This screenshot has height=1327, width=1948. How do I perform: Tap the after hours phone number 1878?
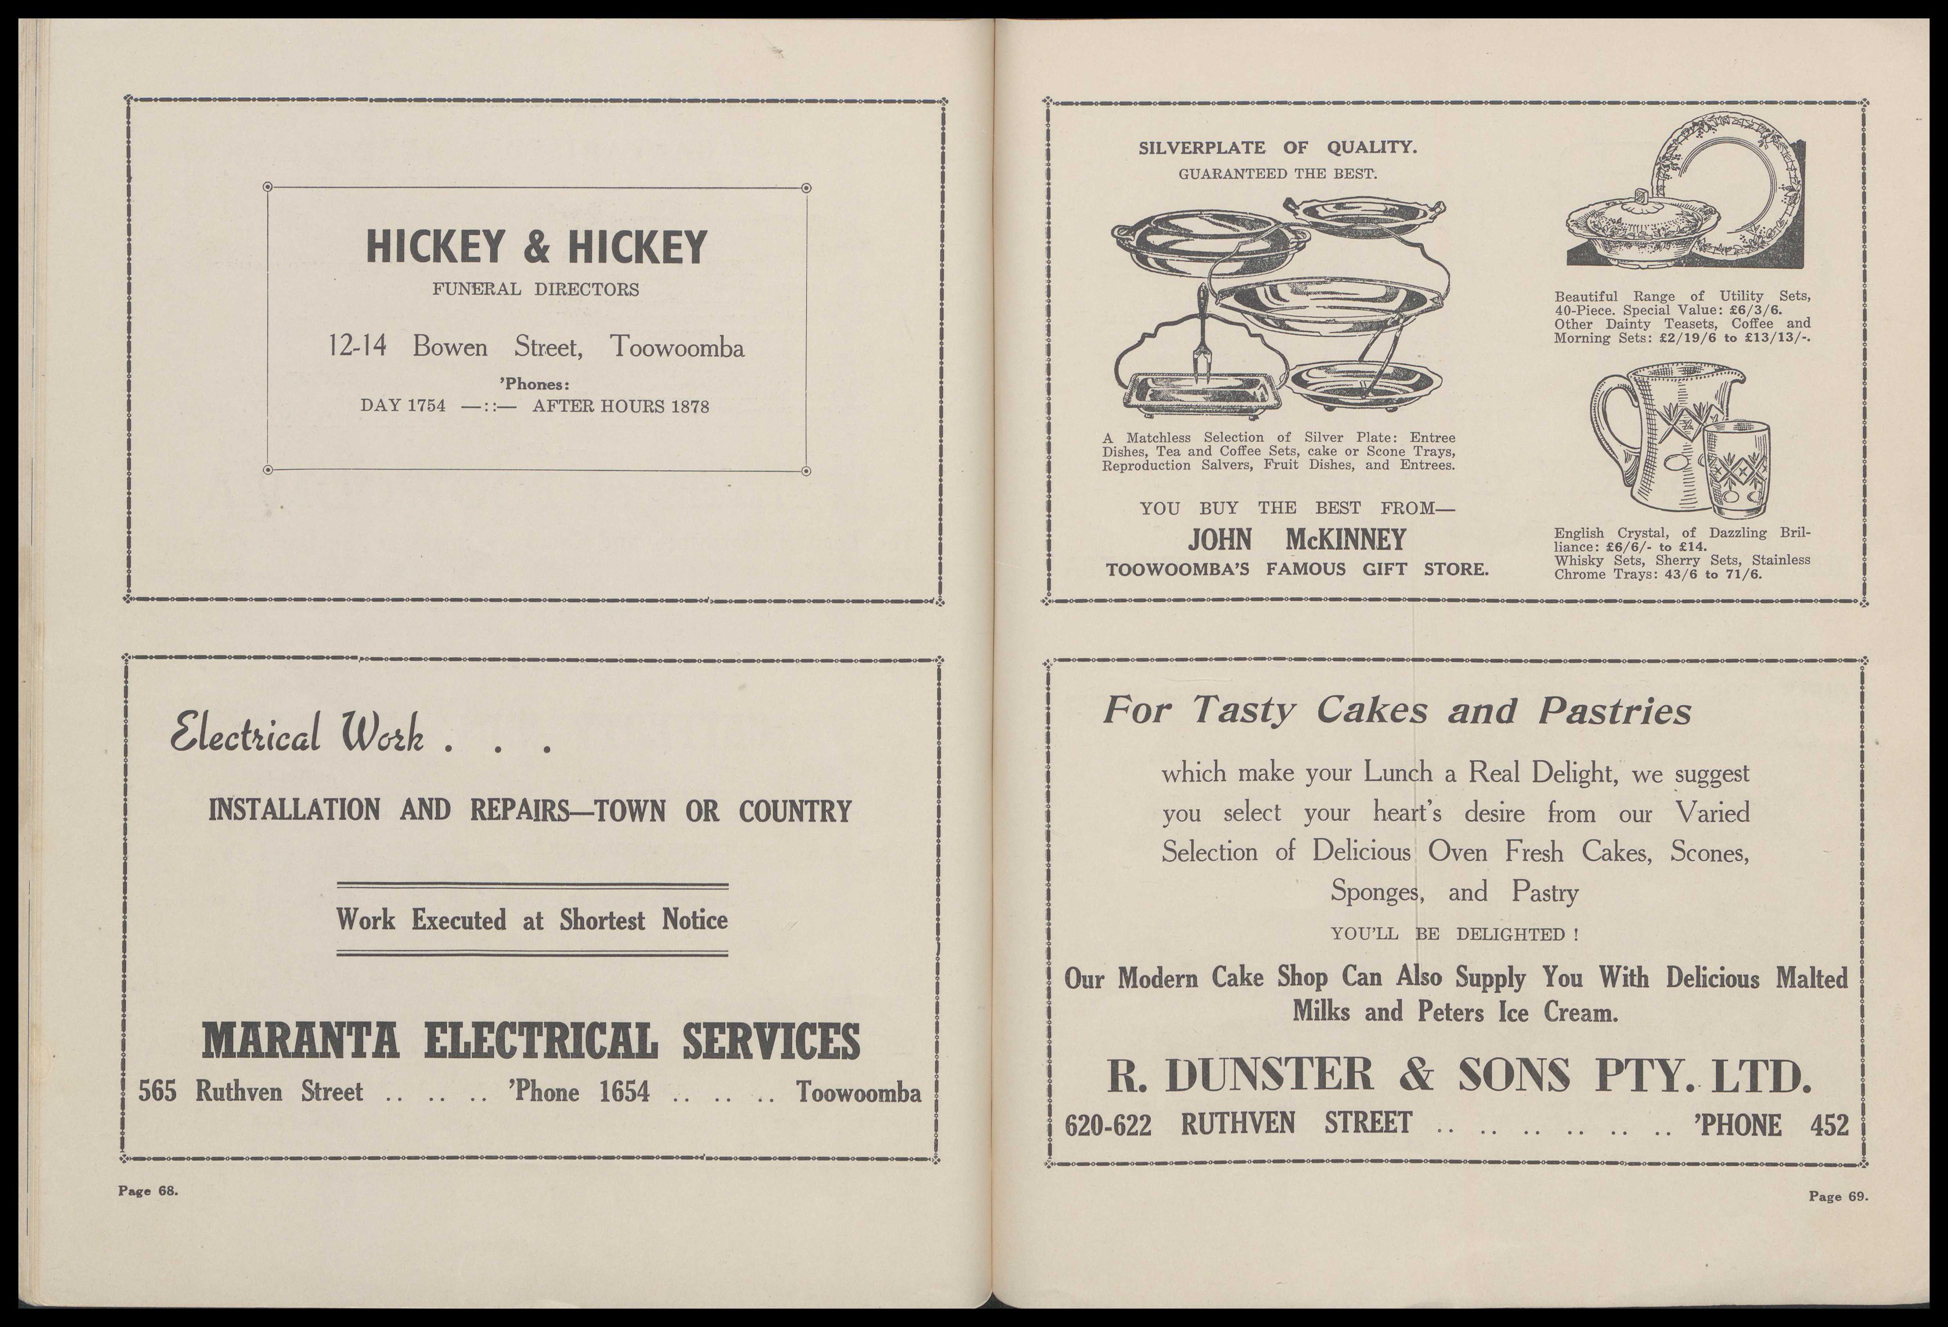pos(689,407)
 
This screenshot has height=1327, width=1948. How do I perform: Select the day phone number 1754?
pos(426,407)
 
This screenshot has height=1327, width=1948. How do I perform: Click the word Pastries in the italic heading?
pos(1615,712)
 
